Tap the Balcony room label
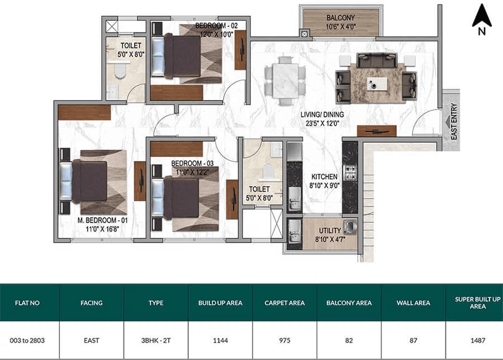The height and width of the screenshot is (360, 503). click(341, 18)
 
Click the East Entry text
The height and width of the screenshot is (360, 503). click(454, 121)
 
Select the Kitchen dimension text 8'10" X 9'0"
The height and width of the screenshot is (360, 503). click(324, 186)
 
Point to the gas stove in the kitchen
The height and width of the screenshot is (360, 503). click(350, 172)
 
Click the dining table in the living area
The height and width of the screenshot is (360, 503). click(286, 81)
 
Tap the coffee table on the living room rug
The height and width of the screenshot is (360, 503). click(377, 84)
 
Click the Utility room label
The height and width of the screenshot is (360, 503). click(330, 231)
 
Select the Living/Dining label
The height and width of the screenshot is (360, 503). click(322, 115)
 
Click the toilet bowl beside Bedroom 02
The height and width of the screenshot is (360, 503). click(120, 70)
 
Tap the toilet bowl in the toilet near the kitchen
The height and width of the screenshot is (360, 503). click(268, 170)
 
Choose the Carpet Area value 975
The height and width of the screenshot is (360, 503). click(284, 340)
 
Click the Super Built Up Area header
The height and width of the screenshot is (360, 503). click(478, 303)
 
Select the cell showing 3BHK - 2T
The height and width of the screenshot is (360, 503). click(156, 340)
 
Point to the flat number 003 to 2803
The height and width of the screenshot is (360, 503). click(27, 340)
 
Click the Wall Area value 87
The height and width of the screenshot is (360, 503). click(413, 340)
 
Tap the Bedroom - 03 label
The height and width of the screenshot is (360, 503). click(192, 163)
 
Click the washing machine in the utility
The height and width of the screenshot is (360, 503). click(350, 226)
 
